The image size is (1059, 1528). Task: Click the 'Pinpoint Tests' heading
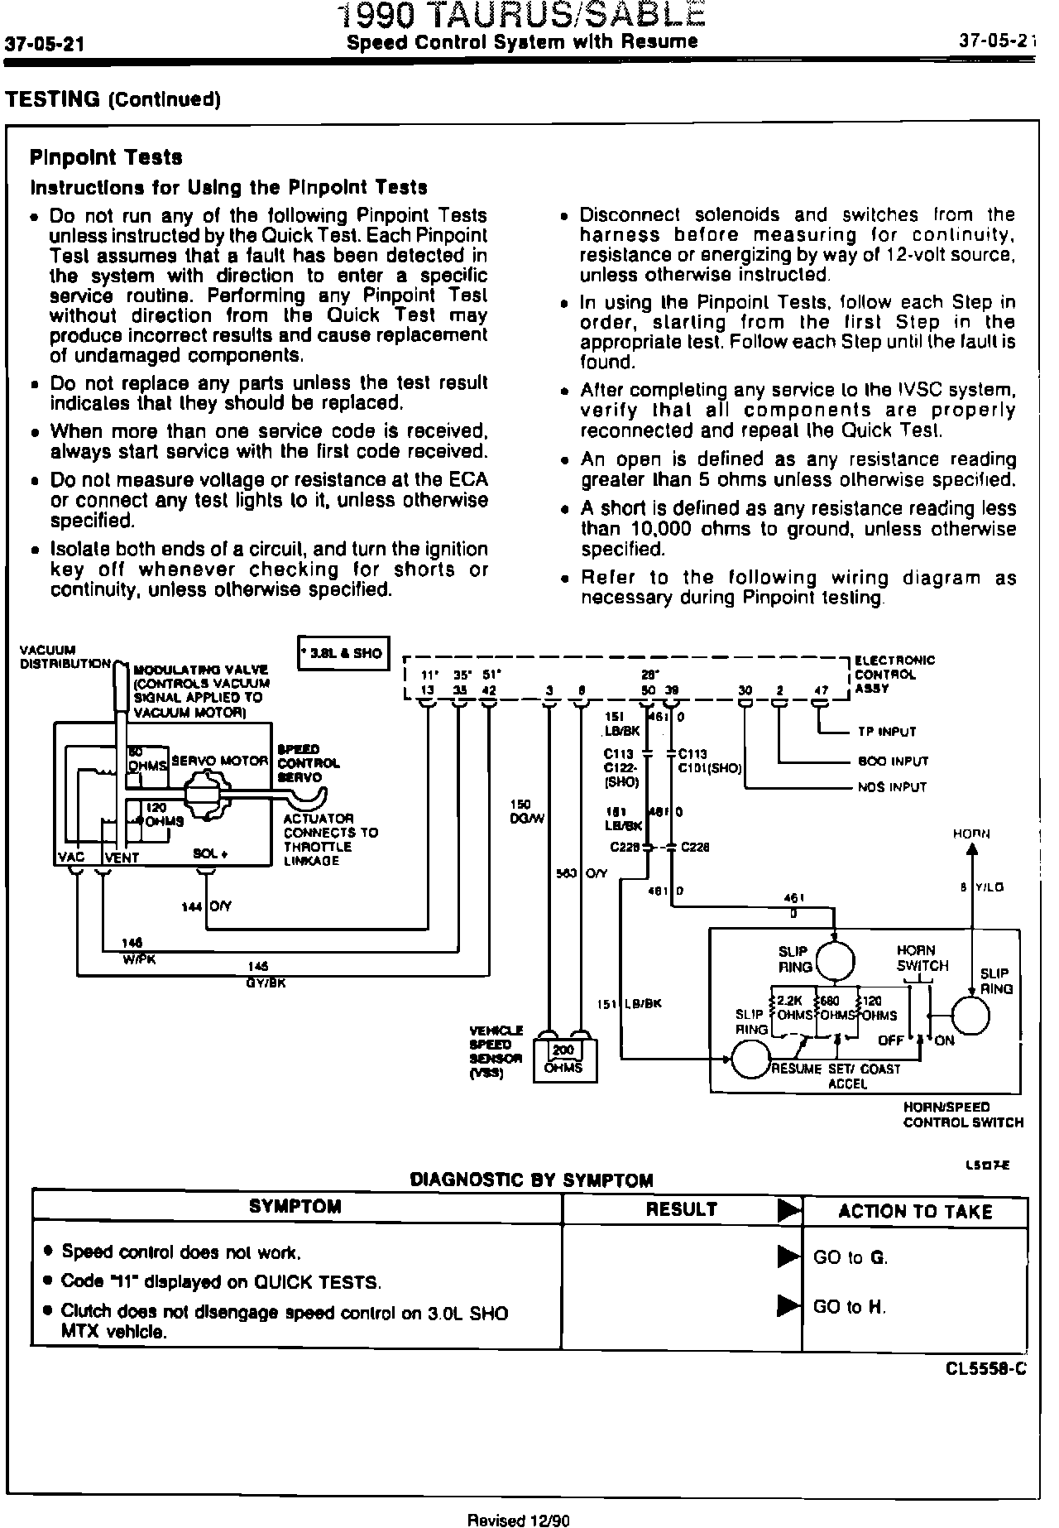point(106,157)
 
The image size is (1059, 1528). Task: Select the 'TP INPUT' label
point(888,732)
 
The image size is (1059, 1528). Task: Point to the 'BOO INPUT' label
point(893,761)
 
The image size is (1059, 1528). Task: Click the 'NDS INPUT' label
point(893,787)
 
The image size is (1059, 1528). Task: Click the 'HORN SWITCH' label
point(922,959)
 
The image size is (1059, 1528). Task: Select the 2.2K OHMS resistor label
point(790,1008)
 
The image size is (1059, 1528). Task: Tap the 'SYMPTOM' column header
point(295,1206)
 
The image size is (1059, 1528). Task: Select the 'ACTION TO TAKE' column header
point(915,1212)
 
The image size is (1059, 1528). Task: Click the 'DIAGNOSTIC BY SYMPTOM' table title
point(531,1180)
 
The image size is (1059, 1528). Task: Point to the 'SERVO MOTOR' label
point(220,761)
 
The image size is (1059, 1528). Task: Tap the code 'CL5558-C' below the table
point(986,1368)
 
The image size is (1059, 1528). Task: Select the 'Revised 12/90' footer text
point(520,1520)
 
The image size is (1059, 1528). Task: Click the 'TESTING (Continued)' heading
point(113,99)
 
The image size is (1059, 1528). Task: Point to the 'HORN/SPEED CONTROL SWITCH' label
point(963,1114)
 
